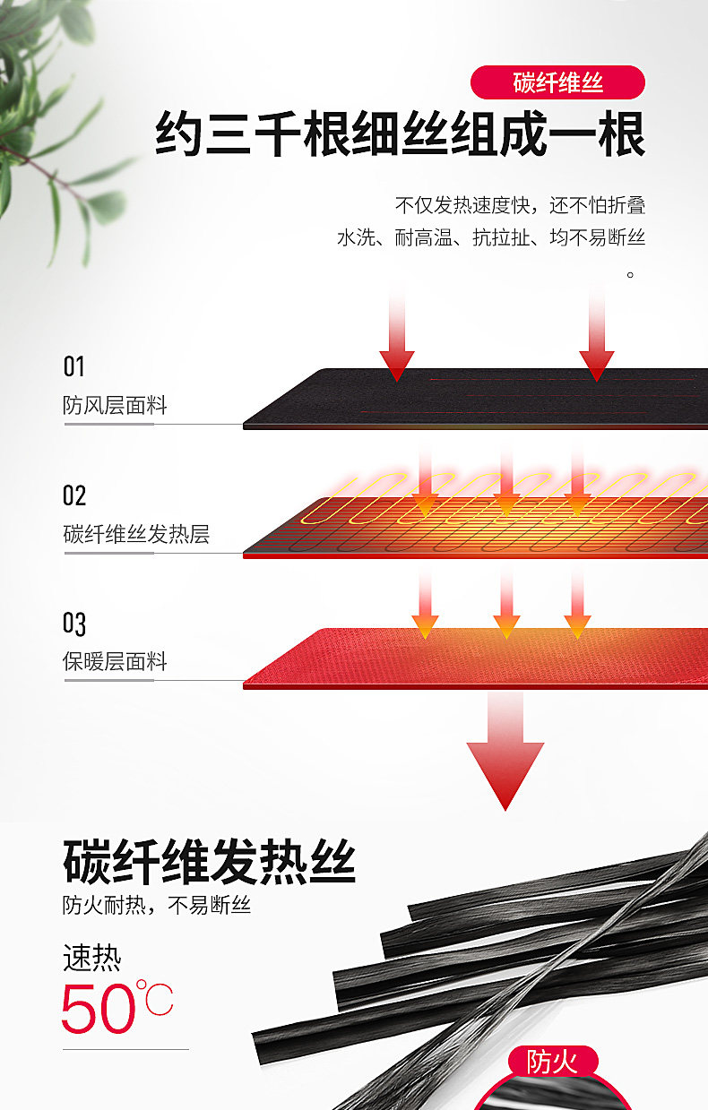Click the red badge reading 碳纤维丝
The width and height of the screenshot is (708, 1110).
click(557, 82)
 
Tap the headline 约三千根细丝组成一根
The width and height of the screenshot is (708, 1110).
click(400, 133)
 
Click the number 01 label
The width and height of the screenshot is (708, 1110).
click(73, 366)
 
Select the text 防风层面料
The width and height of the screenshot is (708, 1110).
click(115, 405)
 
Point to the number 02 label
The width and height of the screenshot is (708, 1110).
click(74, 495)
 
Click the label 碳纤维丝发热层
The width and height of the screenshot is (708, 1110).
click(136, 534)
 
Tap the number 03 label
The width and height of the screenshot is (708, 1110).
click(74, 624)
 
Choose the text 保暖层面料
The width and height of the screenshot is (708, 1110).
click(115, 661)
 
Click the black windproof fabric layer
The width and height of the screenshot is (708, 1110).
click(475, 399)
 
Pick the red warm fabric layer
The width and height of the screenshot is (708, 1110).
click(475, 658)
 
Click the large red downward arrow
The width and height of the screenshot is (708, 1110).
click(505, 752)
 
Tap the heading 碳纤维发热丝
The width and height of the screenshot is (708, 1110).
click(209, 862)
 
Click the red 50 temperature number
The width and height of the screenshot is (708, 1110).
click(99, 1008)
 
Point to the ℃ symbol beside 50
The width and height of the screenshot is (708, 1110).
click(155, 997)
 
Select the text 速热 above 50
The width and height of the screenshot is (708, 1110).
click(92, 958)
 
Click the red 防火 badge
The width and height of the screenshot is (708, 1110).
click(552, 1063)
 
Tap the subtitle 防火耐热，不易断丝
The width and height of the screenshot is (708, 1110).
click(157, 906)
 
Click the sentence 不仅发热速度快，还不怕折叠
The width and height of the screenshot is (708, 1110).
click(520, 205)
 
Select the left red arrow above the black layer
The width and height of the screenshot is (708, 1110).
click(397, 337)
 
